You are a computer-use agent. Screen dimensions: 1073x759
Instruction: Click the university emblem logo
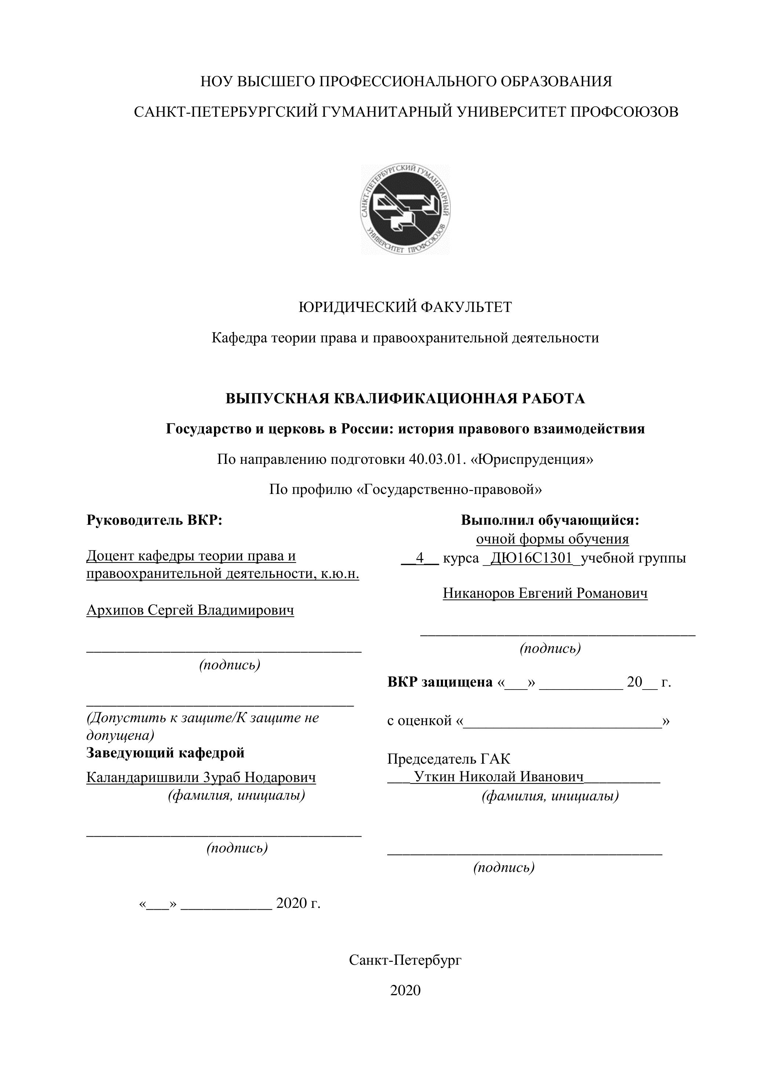coord(405,210)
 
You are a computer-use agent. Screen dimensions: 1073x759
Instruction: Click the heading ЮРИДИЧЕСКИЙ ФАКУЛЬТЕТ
coord(405,307)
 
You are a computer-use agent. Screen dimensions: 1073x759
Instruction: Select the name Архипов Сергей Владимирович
coord(190,610)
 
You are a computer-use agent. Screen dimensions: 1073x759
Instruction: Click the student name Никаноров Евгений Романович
coord(545,593)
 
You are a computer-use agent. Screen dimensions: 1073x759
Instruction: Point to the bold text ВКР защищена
coord(440,682)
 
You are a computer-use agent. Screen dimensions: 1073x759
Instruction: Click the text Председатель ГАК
coord(448,759)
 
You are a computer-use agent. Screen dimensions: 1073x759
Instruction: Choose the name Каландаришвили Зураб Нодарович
coord(201,777)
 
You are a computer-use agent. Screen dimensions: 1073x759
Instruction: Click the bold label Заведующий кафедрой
coord(166,753)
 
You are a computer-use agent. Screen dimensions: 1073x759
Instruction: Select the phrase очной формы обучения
coord(552,539)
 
